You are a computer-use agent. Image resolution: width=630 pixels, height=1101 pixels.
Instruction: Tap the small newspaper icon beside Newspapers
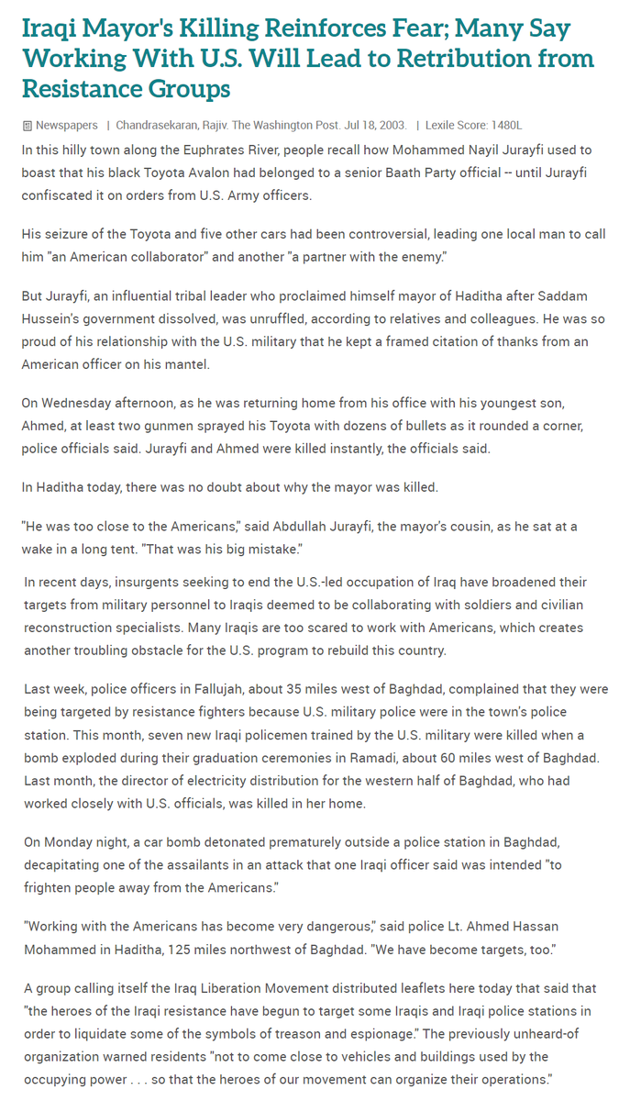[x=28, y=126]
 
